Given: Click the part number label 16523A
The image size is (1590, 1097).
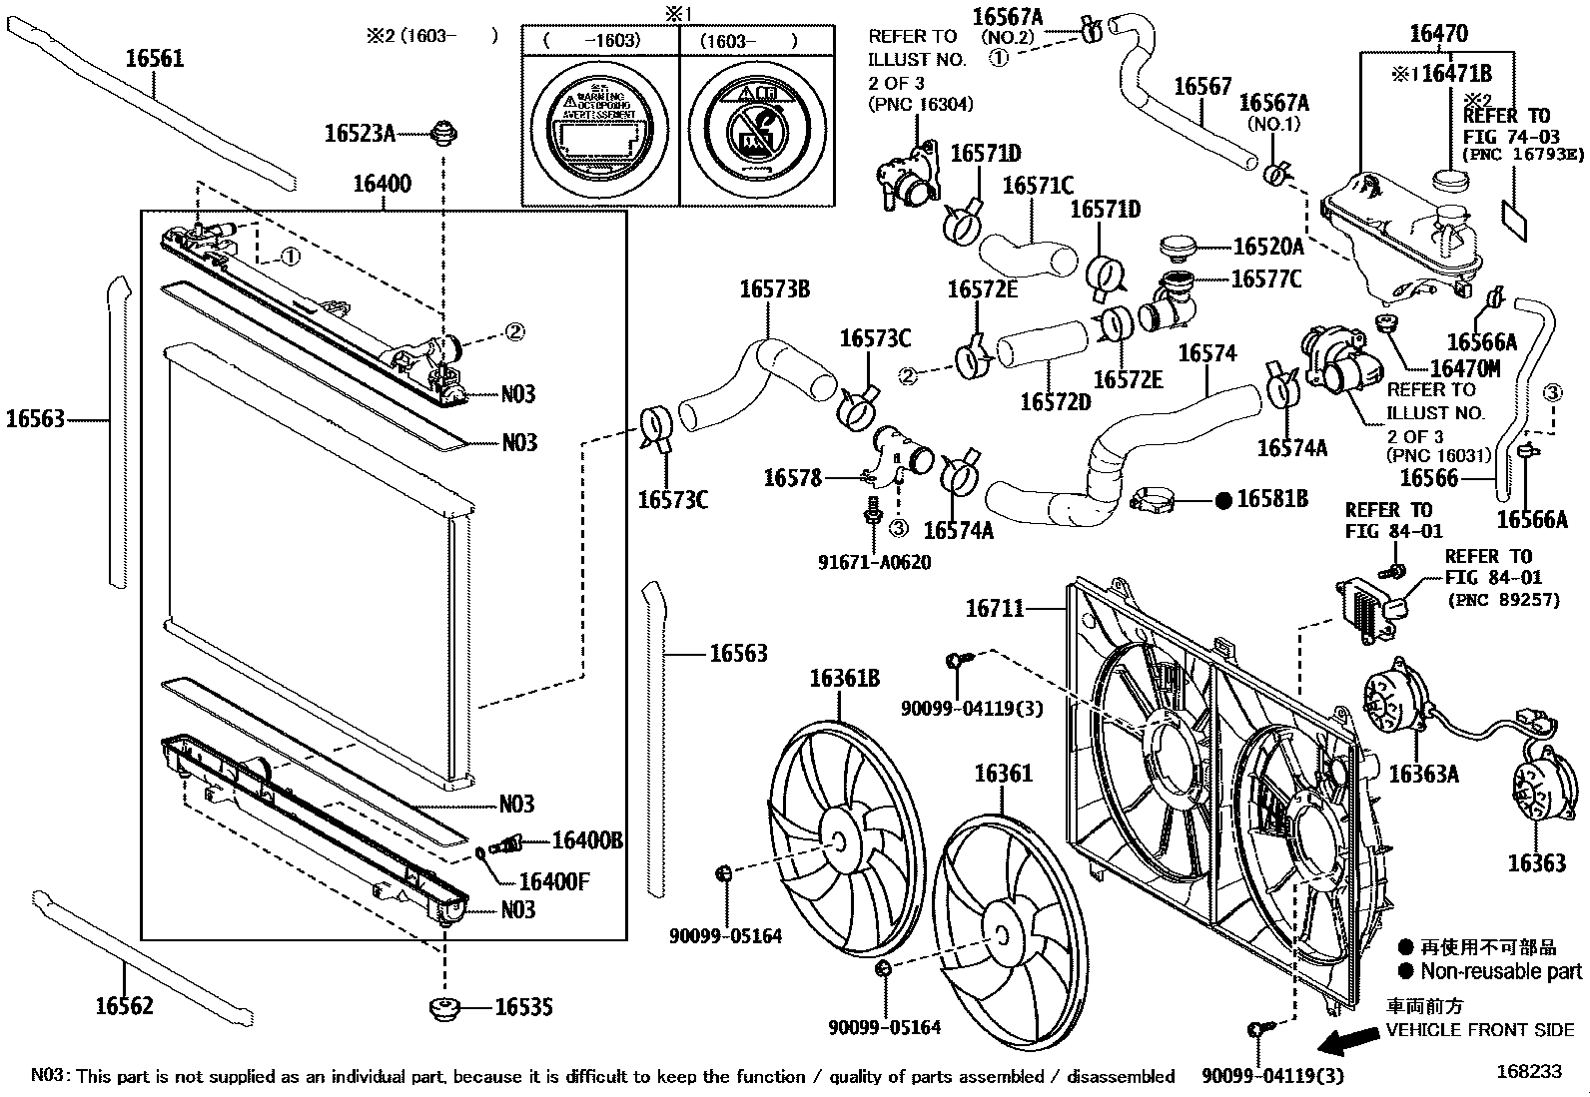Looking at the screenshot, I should coord(360,133).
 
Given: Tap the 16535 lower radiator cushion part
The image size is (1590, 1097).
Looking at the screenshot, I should coord(444,1007).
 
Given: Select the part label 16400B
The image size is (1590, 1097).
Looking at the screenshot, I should coord(587,841).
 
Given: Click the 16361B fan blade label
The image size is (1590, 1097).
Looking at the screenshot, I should coord(844,679).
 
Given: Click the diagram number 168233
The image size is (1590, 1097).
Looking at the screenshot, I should coord(1528,1071).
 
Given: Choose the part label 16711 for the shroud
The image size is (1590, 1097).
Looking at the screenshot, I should coord(995,607).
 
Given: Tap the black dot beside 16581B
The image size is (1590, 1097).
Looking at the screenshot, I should coord(1223,500).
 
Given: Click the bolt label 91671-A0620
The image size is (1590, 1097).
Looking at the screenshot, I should coord(874,562).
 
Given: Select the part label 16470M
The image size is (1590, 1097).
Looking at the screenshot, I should coord(1465,369).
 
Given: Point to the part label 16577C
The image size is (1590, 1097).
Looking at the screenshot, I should coord(1266,278).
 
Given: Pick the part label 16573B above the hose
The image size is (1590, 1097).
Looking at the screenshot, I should coord(774,289).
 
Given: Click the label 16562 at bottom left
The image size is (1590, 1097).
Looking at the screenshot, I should coord(125,1005).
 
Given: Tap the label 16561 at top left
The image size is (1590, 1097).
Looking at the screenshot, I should coord(155,58).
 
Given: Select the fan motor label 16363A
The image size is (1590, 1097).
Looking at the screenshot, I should coord(1423,774).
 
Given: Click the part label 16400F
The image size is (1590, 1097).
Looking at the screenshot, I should coord(554,881).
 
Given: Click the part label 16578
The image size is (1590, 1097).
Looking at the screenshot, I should coord(792,478).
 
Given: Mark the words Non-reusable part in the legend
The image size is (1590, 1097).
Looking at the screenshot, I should coord(1501,971).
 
